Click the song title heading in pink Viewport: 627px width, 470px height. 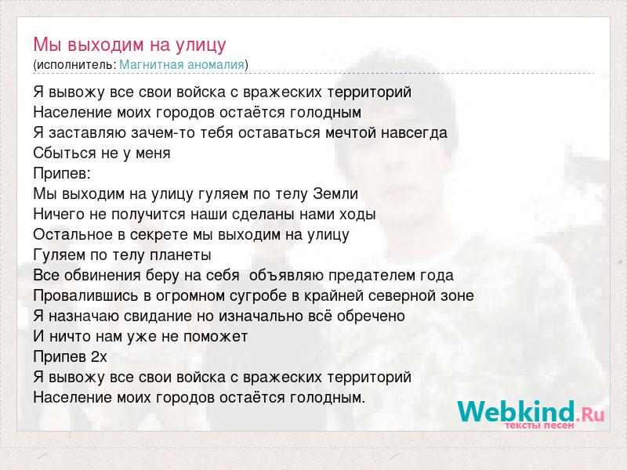pos(129,45)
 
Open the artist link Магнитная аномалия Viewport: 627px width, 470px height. pos(182,64)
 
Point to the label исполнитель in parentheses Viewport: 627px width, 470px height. pos(76,65)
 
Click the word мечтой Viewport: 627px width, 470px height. pos(350,132)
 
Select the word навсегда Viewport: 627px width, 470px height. pos(414,133)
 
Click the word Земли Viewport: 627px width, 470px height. pos(335,193)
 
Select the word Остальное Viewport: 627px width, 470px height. pos(73,234)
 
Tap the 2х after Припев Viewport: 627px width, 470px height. pos(99,357)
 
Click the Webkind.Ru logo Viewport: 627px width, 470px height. pos(531,414)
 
